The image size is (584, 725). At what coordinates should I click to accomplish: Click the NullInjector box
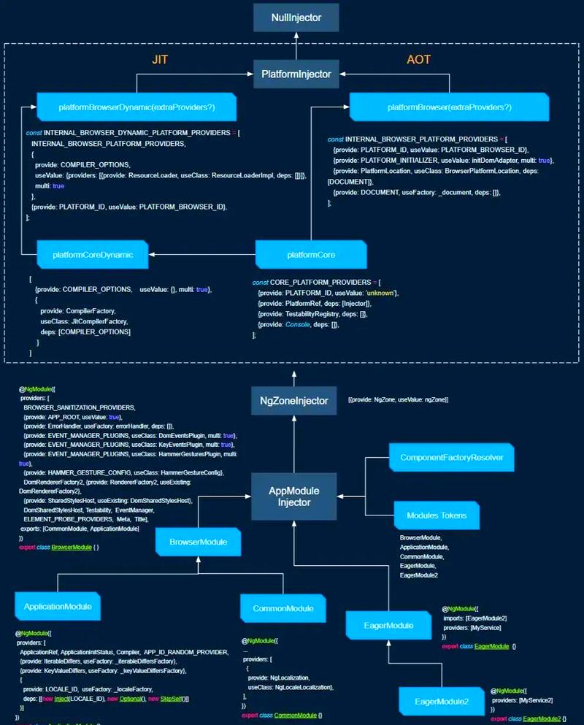click(296, 18)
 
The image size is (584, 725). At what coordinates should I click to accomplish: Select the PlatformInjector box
click(296, 74)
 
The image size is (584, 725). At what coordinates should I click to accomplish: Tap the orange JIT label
click(159, 59)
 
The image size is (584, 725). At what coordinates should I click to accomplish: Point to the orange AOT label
click(418, 59)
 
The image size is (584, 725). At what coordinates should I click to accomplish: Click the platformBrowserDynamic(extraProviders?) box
click(137, 107)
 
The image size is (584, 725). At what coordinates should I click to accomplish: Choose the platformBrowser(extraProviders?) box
click(449, 107)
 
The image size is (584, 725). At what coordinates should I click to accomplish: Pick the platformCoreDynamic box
click(93, 254)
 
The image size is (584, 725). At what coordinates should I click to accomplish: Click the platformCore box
click(310, 254)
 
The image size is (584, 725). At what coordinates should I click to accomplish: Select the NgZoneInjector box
click(294, 401)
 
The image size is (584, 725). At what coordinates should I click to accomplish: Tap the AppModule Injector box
click(294, 496)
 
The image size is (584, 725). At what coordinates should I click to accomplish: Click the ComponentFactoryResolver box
click(451, 458)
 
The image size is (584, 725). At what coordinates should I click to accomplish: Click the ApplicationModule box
click(58, 606)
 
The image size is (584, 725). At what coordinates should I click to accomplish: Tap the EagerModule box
click(388, 625)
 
